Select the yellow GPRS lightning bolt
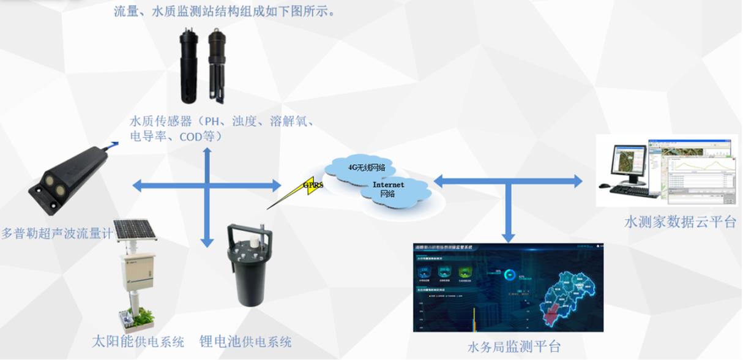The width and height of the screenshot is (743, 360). pos(312,187)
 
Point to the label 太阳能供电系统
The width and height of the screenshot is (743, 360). pos(136,341)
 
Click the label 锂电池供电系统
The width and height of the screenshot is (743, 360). pos(245,341)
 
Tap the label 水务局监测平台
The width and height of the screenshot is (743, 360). pos(513,347)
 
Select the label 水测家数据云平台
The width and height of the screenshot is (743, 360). pos(679,222)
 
